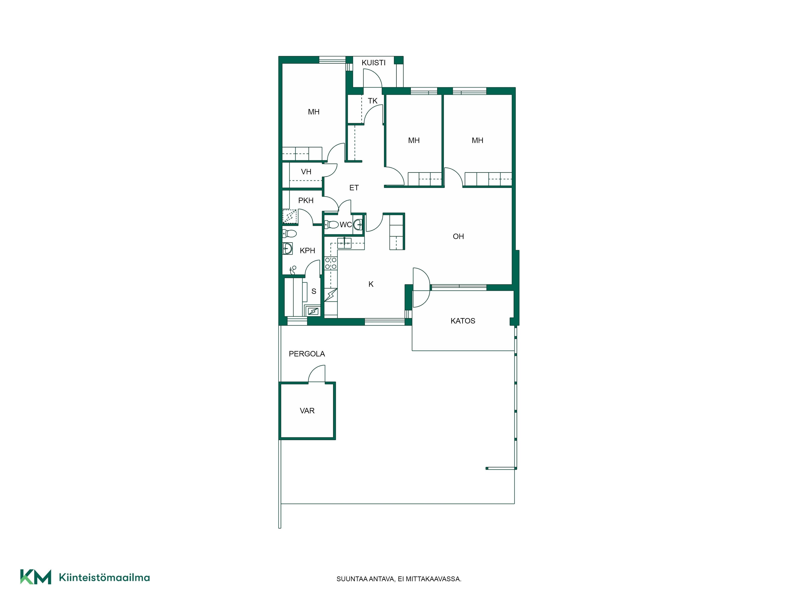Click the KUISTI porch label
(x=373, y=63)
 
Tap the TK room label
(x=373, y=101)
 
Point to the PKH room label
(x=306, y=200)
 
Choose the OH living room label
(x=458, y=236)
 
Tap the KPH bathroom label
(x=307, y=251)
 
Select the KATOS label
(x=463, y=321)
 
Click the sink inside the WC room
(x=358, y=225)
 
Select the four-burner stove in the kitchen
(x=331, y=263)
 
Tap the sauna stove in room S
(x=313, y=311)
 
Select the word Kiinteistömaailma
(x=104, y=578)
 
